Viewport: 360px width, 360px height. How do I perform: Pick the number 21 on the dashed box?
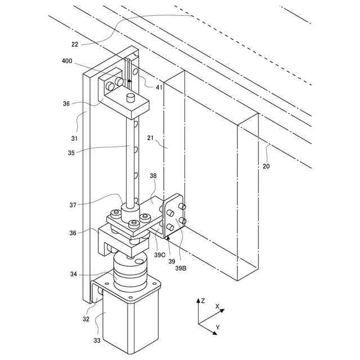pyautogui.click(x=150, y=137)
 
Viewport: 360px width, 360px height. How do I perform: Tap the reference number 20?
pyautogui.click(x=265, y=166)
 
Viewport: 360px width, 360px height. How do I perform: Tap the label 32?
pyautogui.click(x=86, y=318)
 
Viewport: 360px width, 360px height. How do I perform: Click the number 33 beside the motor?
pyautogui.click(x=97, y=340)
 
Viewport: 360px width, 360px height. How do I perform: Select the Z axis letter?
pyautogui.click(x=202, y=300)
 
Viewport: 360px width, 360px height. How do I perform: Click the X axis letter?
pyautogui.click(x=217, y=307)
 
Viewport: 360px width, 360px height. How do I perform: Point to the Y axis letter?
pyautogui.click(x=217, y=327)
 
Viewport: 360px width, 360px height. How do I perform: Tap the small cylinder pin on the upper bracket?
pyautogui.click(x=131, y=98)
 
